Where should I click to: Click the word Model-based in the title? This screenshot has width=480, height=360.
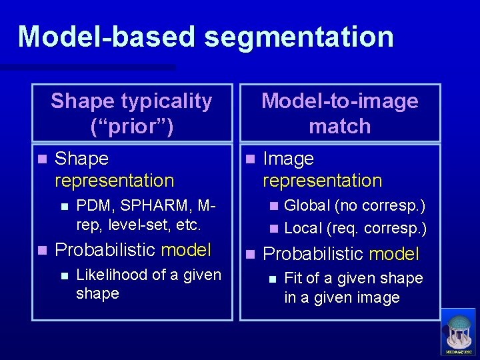tap(107, 37)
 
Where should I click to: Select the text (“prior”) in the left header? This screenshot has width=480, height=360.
tap(131, 126)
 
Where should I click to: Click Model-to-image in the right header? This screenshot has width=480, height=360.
tap(340, 101)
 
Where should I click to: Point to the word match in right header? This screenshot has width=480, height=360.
tap(340, 126)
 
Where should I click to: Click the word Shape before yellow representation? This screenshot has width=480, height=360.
tap(81, 159)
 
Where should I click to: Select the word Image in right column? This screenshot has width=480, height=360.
tap(288, 159)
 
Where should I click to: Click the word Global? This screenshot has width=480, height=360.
tap(307, 206)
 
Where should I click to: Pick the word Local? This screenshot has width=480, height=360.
tap(303, 228)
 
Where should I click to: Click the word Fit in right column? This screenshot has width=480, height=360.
tap(294, 278)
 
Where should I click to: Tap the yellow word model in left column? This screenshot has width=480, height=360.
tap(186, 250)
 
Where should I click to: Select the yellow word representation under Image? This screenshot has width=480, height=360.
tap(323, 181)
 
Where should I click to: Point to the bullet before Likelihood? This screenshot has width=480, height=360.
tap(63, 275)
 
